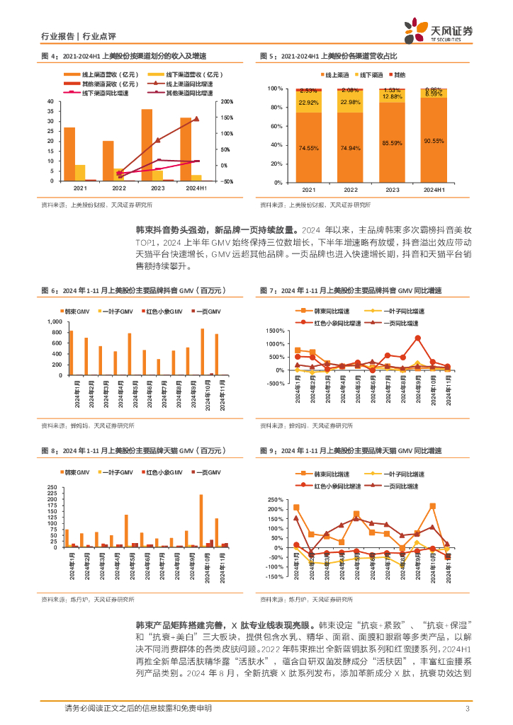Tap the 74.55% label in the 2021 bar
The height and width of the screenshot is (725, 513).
tap(308, 148)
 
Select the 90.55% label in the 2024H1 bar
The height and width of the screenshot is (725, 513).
tap(433, 141)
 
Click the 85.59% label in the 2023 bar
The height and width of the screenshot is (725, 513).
tap(392, 144)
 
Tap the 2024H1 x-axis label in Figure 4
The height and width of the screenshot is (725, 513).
tap(196, 189)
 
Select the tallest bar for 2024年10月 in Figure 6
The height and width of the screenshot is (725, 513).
tap(202, 351)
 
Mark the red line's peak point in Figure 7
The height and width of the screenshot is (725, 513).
tap(418, 338)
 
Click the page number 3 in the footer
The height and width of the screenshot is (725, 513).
tap(467, 709)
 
